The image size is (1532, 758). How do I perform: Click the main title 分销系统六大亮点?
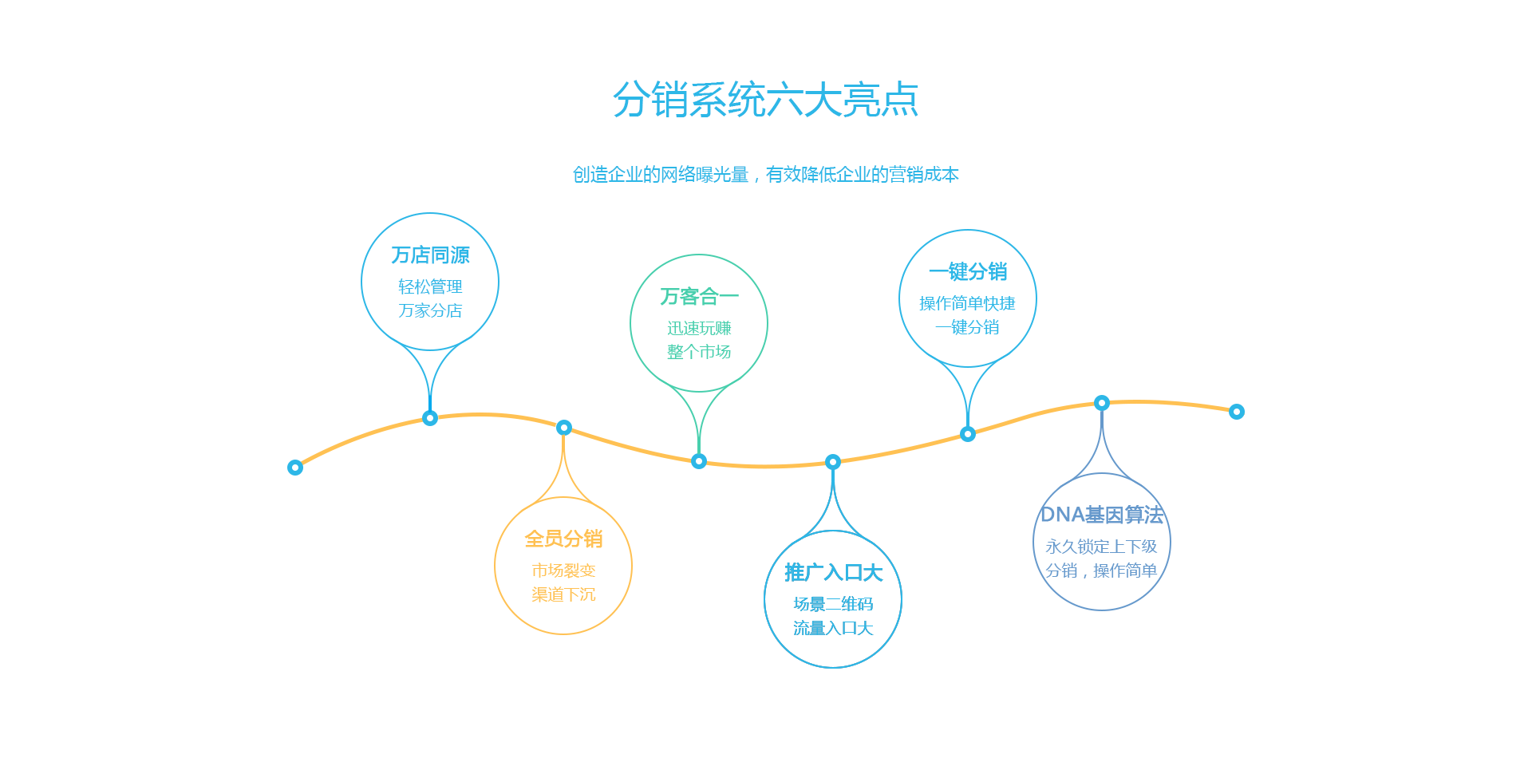(766, 100)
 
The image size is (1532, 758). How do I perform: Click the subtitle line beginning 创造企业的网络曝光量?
(766, 175)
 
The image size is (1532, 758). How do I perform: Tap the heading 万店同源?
(430, 255)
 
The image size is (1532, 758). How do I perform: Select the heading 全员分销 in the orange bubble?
(563, 539)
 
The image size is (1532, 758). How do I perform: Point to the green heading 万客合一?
(699, 297)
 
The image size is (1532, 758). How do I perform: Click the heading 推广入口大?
(833, 573)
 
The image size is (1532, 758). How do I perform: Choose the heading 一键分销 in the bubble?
(968, 272)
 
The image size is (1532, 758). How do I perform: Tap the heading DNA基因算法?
(1102, 515)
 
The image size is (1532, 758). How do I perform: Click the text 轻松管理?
(430, 286)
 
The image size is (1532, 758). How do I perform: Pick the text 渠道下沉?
(563, 594)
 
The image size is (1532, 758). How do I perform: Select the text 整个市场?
(699, 352)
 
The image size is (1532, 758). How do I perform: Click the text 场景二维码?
(833, 604)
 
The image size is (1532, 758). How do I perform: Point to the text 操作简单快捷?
(967, 303)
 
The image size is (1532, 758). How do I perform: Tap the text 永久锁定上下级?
(1101, 547)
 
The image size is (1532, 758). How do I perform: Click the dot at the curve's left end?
(295, 468)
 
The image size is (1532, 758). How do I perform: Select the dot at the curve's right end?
(1237, 412)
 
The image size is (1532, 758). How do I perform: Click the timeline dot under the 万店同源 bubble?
(430, 418)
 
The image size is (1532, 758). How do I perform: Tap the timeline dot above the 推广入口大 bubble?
(833, 462)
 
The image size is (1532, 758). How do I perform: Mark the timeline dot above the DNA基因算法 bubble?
(1102, 403)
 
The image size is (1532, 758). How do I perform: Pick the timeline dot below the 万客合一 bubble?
(699, 461)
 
